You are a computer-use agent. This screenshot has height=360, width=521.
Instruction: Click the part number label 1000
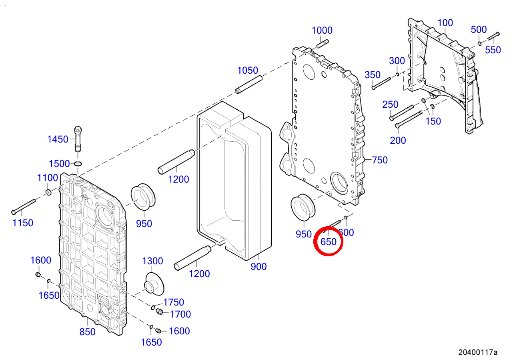coord(322,30)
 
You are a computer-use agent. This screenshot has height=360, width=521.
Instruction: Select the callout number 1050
coord(247,70)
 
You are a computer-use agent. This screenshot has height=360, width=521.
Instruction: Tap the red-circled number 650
coord(329,242)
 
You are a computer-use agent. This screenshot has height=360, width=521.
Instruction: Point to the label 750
coord(380,160)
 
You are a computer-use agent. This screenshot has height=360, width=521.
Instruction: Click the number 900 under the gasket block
coord(258,267)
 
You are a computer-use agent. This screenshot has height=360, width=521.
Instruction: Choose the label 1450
coord(58,139)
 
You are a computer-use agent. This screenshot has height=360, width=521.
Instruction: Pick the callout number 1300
coord(152,261)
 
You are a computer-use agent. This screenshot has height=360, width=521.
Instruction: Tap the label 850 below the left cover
coord(88,332)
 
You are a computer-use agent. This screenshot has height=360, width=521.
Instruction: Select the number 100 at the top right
coord(445,23)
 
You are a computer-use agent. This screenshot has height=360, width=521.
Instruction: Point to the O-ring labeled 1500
coord(78,164)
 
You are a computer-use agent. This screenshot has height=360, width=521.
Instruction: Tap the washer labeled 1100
coord(48,193)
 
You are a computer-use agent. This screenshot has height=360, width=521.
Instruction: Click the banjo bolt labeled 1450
coord(78,139)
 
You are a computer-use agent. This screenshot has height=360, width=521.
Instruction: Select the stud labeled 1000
coord(323,44)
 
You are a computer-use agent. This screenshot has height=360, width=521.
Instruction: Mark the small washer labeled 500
coord(480,44)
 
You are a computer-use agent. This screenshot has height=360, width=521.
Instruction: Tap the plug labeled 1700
coord(159,312)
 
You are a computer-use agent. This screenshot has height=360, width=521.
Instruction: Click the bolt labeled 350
coord(381,83)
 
